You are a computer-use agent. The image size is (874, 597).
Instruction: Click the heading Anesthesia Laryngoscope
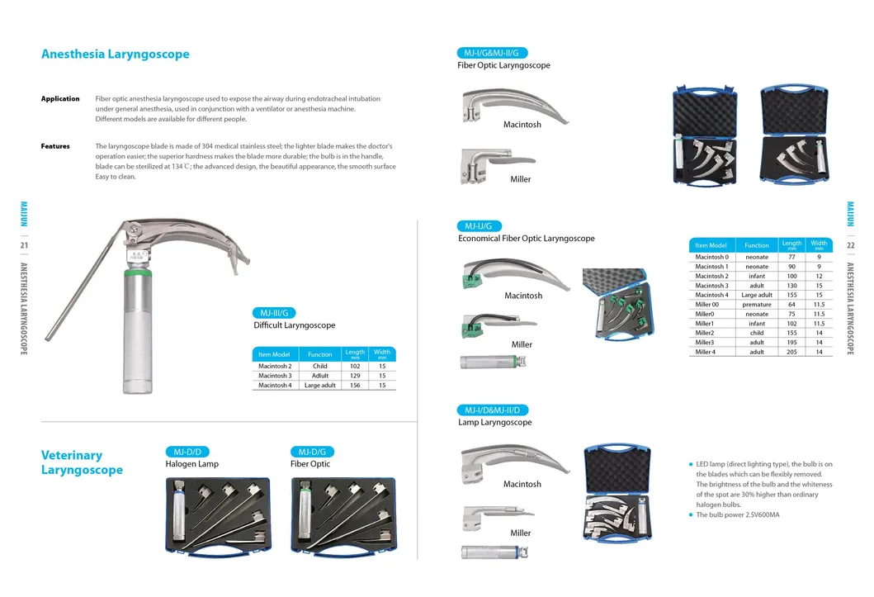[116, 54]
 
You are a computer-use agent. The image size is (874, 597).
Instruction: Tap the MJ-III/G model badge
[274, 313]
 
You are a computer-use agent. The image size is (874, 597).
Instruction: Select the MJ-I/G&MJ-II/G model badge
[492, 53]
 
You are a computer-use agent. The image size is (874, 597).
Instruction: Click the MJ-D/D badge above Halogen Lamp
[187, 452]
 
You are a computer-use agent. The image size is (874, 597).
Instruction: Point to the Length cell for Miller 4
[791, 352]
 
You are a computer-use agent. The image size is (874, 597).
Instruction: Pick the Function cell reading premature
[756, 305]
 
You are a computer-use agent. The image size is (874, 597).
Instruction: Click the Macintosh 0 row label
[711, 257]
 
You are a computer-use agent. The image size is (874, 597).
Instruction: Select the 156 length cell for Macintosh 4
[355, 385]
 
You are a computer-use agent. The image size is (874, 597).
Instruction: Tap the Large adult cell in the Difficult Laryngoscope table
[320, 385]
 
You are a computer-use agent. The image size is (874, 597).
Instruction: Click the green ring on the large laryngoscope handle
[137, 273]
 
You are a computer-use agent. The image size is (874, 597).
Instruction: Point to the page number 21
[24, 245]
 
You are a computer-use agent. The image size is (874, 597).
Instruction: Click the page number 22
[851, 245]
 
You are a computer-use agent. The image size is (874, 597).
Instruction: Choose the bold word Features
[55, 146]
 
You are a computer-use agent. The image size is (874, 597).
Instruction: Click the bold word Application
[60, 98]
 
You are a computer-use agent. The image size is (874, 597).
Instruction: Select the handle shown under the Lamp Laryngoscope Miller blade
[494, 552]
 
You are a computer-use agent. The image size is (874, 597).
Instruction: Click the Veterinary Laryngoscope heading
[82, 462]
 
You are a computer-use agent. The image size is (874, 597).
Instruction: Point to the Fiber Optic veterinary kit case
[344, 515]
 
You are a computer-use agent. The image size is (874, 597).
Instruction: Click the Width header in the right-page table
[819, 244]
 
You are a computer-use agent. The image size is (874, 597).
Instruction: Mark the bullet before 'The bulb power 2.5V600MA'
[691, 514]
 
